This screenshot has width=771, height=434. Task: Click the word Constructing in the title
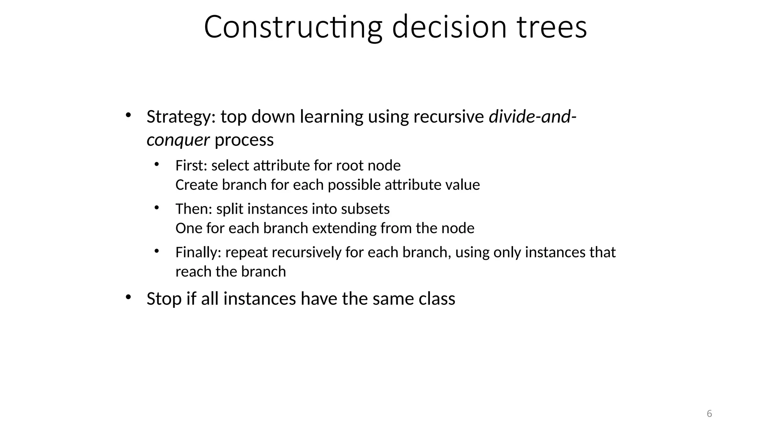pyautogui.click(x=293, y=27)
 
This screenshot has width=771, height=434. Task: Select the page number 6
pyautogui.click(x=709, y=414)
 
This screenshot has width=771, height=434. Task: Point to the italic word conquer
pyautogui.click(x=178, y=140)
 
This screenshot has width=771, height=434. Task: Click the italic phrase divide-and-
pyautogui.click(x=532, y=117)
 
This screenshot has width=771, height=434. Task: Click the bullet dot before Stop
pyautogui.click(x=128, y=297)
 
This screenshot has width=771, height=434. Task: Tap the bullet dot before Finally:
pyautogui.click(x=157, y=251)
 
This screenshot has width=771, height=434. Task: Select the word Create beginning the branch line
pyautogui.click(x=197, y=185)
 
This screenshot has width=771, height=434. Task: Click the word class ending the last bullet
pyautogui.click(x=437, y=299)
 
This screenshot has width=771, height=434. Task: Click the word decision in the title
pyautogui.click(x=449, y=27)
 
